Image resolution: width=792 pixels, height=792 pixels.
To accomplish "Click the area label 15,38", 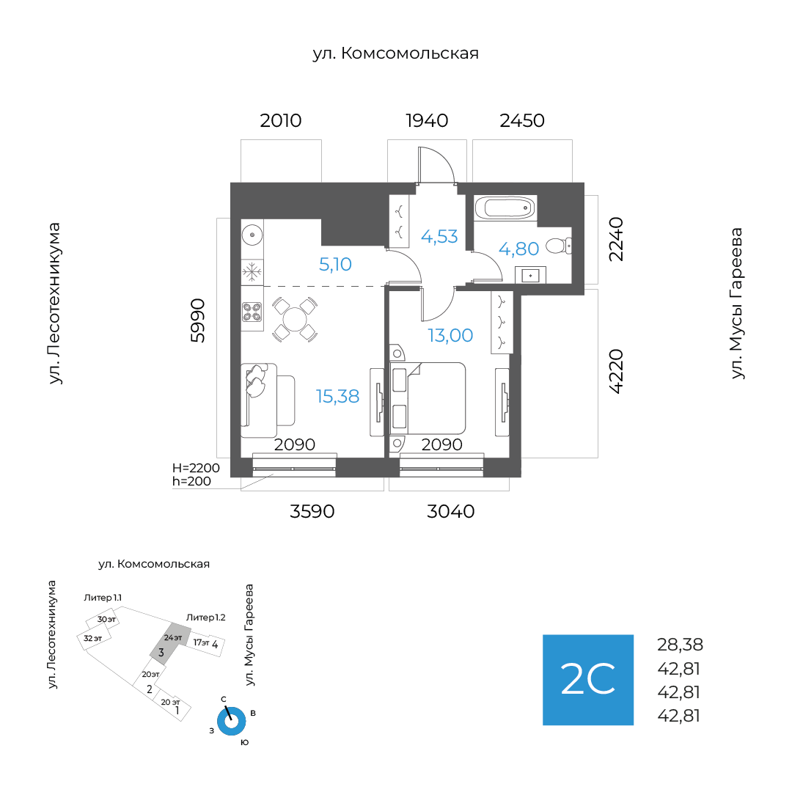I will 337,397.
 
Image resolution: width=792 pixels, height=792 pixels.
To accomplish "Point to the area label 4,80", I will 519,249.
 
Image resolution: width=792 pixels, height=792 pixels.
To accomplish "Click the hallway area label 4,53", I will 439,237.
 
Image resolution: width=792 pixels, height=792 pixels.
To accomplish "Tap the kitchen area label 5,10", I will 336,264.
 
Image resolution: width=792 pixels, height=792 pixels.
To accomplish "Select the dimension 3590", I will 312,512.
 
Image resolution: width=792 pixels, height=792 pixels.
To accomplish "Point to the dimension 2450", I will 522,120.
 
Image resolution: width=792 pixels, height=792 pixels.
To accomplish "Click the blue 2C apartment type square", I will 587,680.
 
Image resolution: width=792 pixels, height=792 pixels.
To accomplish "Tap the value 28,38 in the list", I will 680,645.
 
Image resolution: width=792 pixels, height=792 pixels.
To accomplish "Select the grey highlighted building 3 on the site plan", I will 165,643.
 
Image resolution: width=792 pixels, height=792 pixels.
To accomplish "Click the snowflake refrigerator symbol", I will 252,273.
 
